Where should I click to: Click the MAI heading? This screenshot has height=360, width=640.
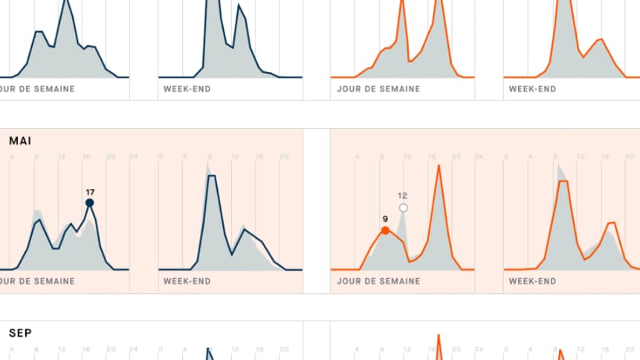point(20,140)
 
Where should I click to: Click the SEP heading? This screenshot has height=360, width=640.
point(20,332)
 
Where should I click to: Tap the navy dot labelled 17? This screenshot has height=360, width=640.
point(89,202)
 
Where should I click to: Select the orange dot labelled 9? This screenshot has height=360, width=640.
point(385,231)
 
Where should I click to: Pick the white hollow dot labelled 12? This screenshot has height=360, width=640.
point(403,208)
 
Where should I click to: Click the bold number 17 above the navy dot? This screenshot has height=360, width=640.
point(89,191)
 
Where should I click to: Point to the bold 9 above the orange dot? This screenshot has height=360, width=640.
point(385,219)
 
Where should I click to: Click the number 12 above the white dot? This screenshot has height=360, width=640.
point(403,196)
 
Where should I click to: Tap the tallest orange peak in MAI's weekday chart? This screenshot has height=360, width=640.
point(439,166)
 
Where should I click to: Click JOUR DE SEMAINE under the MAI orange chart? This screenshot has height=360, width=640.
point(378,281)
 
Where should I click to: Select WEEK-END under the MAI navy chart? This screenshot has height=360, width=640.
point(187,281)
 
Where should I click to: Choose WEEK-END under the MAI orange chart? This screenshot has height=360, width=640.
point(532,281)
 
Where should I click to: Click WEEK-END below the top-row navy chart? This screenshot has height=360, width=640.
point(187,89)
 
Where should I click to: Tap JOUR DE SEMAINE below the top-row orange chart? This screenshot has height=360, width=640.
point(378,89)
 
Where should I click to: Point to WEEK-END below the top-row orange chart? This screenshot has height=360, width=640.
point(532,89)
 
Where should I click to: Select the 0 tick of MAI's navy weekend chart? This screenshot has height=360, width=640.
point(161,156)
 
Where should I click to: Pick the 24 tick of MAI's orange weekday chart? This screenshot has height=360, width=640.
point(479,156)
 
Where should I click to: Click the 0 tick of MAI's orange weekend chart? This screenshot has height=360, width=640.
point(506,156)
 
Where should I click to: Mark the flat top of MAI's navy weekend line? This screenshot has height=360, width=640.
point(211,176)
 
